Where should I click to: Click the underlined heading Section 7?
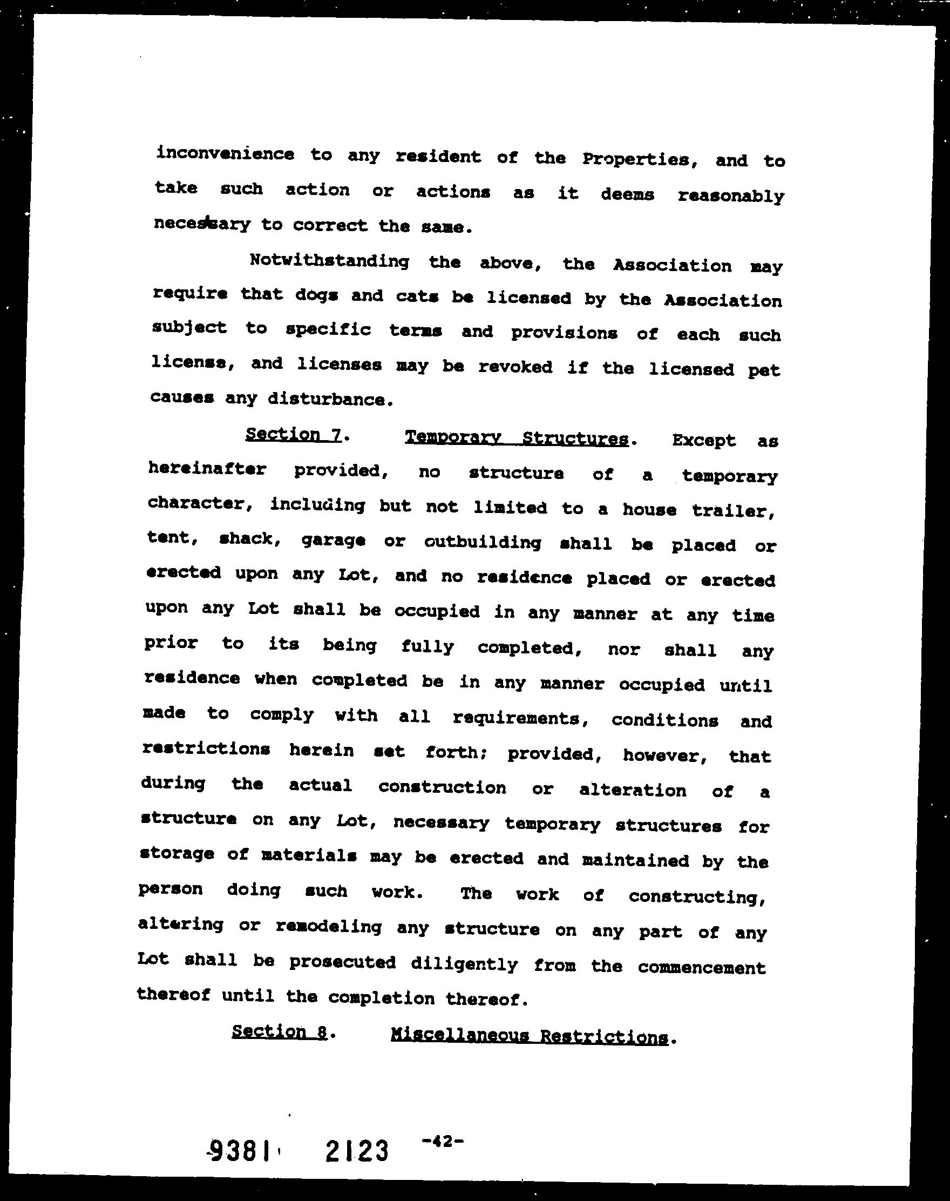point(293,434)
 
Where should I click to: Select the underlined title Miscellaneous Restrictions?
point(529,1036)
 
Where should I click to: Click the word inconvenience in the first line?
point(225,153)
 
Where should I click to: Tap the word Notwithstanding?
point(329,260)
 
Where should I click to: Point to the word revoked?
point(515,367)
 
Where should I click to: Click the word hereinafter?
point(207,469)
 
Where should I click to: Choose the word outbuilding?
point(482,542)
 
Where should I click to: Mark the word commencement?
point(701,968)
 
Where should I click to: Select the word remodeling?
point(329,927)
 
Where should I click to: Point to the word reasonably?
point(731,196)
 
